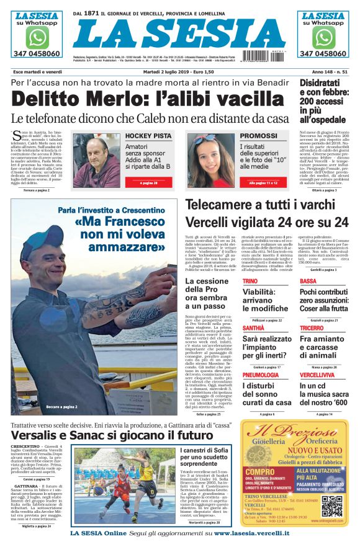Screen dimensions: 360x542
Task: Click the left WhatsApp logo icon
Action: coord(37,37)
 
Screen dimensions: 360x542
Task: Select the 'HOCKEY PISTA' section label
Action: coord(148,136)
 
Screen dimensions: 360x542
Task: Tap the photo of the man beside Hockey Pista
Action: coord(96,160)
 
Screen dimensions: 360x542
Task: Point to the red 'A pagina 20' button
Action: coord(148,184)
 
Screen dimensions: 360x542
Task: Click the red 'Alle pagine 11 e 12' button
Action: coord(263,184)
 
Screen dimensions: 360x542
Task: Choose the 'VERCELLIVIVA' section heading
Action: coord(318,375)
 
